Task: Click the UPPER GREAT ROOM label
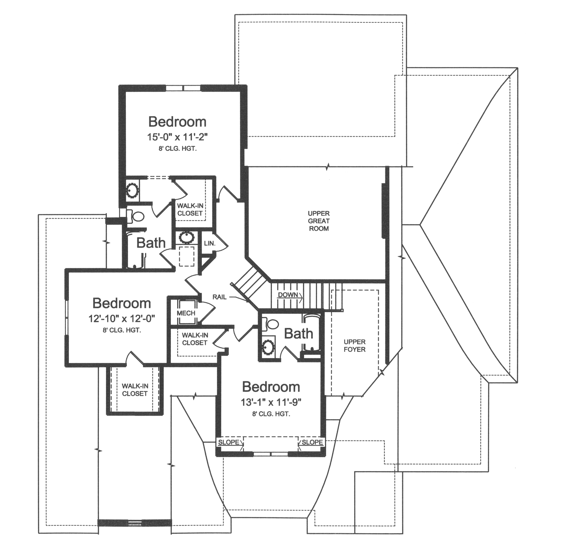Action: pos(319,221)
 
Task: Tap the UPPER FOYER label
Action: pos(354,345)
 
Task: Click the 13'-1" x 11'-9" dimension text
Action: pos(271,402)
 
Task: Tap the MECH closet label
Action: pos(186,313)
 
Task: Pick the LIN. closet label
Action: pos(210,243)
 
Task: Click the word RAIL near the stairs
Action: pos(219,297)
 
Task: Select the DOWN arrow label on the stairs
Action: pos(288,295)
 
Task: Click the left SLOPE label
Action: pos(229,442)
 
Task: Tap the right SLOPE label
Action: pos(312,442)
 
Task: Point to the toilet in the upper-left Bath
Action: pos(138,217)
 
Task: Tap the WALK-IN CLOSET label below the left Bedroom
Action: pos(135,390)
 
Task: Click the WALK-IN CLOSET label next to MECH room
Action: pos(195,339)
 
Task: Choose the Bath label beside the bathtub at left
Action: pos(151,243)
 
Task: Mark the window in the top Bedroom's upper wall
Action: pos(183,88)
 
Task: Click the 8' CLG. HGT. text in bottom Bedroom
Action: pos(271,414)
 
